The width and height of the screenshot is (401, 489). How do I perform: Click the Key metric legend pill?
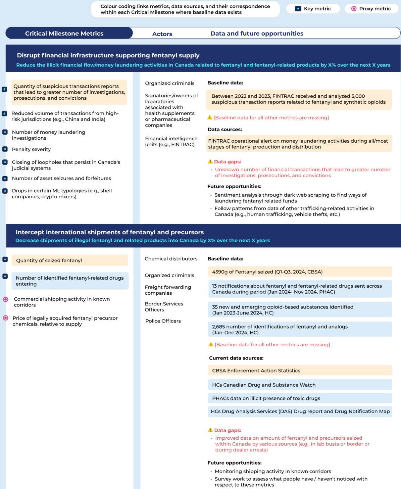[x=313, y=9]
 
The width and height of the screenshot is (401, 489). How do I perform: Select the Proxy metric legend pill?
[x=371, y=9]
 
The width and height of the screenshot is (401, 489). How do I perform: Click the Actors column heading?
[x=162, y=34]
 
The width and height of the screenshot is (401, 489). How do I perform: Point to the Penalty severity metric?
[x=32, y=149]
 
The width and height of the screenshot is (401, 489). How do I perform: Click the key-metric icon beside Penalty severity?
[x=5, y=149]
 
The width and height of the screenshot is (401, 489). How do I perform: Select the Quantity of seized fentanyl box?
[x=69, y=260]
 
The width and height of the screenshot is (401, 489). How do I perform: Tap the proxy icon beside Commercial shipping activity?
[x=6, y=299]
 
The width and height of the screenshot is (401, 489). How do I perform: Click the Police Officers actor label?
[x=163, y=321]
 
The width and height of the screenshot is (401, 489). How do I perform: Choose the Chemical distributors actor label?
[x=171, y=259]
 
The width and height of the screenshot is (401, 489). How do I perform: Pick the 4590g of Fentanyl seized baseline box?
[x=300, y=272]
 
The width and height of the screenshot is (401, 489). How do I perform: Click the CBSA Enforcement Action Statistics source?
[x=300, y=371]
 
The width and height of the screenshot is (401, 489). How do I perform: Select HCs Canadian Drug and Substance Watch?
[x=300, y=385]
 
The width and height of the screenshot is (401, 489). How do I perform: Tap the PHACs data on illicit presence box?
[x=300, y=398]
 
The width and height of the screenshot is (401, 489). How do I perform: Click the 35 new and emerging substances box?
[x=300, y=310]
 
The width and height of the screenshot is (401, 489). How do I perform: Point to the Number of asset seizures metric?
[x=61, y=179]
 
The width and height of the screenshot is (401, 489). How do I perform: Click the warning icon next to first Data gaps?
[x=210, y=161]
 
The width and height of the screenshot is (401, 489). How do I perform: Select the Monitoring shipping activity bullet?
[x=273, y=472]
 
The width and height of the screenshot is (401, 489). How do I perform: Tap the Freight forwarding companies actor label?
[x=168, y=290]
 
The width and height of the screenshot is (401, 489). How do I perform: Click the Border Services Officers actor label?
[x=164, y=307]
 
